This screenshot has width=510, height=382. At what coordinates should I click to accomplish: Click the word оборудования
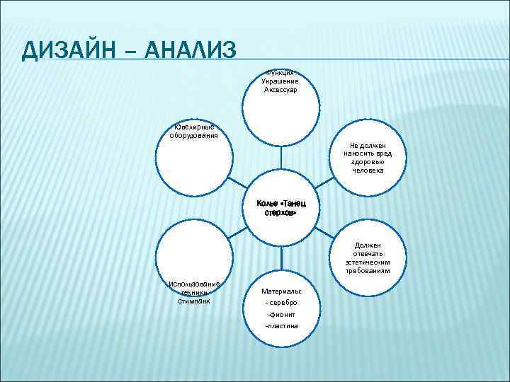click(188, 136)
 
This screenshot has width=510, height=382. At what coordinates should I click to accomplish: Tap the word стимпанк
click(194, 301)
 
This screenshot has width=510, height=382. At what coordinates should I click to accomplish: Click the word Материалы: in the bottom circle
click(281, 291)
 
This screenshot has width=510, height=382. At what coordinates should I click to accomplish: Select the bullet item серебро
click(281, 303)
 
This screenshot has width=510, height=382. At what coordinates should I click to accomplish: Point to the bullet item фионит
click(281, 314)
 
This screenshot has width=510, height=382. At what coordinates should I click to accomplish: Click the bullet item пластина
click(281, 326)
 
